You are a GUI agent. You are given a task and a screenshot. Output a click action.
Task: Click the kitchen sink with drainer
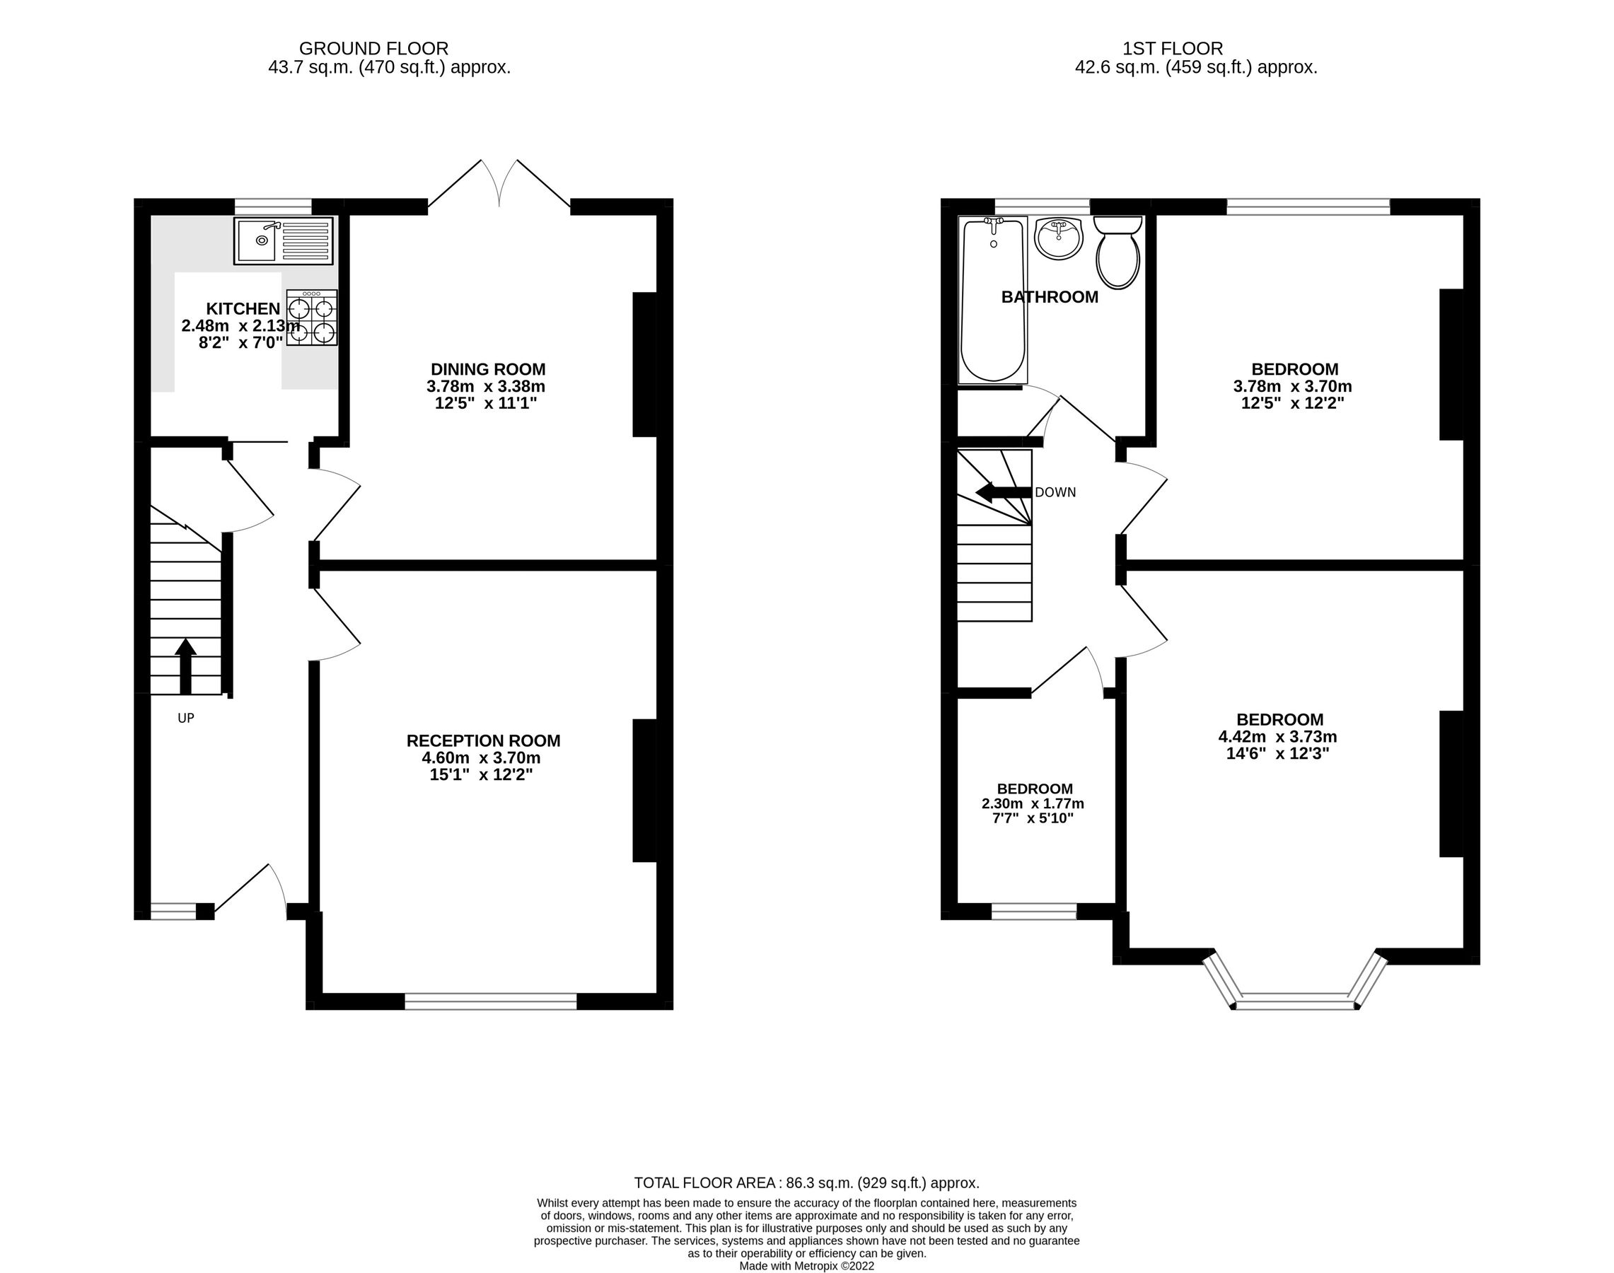pos(284,240)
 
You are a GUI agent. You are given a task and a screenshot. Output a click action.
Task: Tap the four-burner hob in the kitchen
pos(312,318)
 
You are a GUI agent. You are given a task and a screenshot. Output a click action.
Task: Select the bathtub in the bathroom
pos(992,300)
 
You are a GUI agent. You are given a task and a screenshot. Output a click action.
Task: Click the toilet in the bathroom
pos(1117,253)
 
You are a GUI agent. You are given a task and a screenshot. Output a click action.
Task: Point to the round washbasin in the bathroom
pos(1059,238)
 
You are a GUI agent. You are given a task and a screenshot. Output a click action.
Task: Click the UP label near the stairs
pos(185,718)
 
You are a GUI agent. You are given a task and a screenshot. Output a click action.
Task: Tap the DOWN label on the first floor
pos(1055,493)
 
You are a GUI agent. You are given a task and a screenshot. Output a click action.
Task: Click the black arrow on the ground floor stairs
pos(185,665)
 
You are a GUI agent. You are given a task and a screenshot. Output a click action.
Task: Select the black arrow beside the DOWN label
pos(1004,493)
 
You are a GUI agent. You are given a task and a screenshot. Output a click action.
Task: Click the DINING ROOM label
pos(487,369)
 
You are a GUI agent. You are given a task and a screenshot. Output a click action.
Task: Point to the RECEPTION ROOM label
pos(483,740)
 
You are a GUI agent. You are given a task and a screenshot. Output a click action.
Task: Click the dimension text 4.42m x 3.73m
pos(1277,736)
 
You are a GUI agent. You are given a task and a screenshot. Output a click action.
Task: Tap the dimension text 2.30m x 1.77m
pos(1033,803)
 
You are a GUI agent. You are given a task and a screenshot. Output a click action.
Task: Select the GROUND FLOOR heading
pos(373,49)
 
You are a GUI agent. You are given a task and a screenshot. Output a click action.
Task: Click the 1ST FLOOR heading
pos(1173,49)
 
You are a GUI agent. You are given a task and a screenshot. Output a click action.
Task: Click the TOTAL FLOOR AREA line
pos(806,1182)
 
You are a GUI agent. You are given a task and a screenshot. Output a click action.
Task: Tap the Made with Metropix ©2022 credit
pos(806,1265)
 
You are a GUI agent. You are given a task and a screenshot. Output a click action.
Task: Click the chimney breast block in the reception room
pos(644,790)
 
